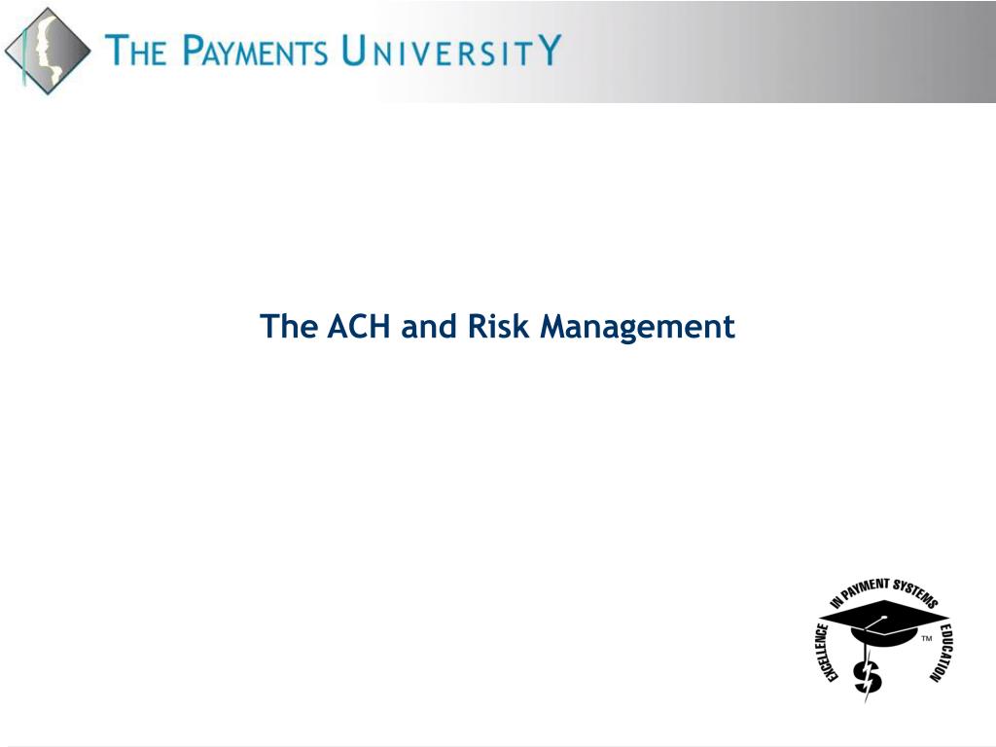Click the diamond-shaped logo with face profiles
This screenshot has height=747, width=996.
pos(48,51)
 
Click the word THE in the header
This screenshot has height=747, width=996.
pos(136,51)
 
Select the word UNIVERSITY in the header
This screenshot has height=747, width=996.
pos(451,50)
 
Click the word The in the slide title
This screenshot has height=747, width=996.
pos(289,326)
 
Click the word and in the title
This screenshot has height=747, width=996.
pos(429,327)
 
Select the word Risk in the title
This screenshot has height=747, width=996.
pos(499,326)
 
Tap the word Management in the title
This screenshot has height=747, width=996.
pos(637,329)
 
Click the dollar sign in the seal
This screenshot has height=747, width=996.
pos(868,677)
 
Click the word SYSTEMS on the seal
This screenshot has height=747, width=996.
pos(915,592)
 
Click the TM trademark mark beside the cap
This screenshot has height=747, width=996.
pos(927,638)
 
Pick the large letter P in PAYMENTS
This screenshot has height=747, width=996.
pos(192,51)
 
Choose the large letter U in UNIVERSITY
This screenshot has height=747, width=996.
pos(354,51)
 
